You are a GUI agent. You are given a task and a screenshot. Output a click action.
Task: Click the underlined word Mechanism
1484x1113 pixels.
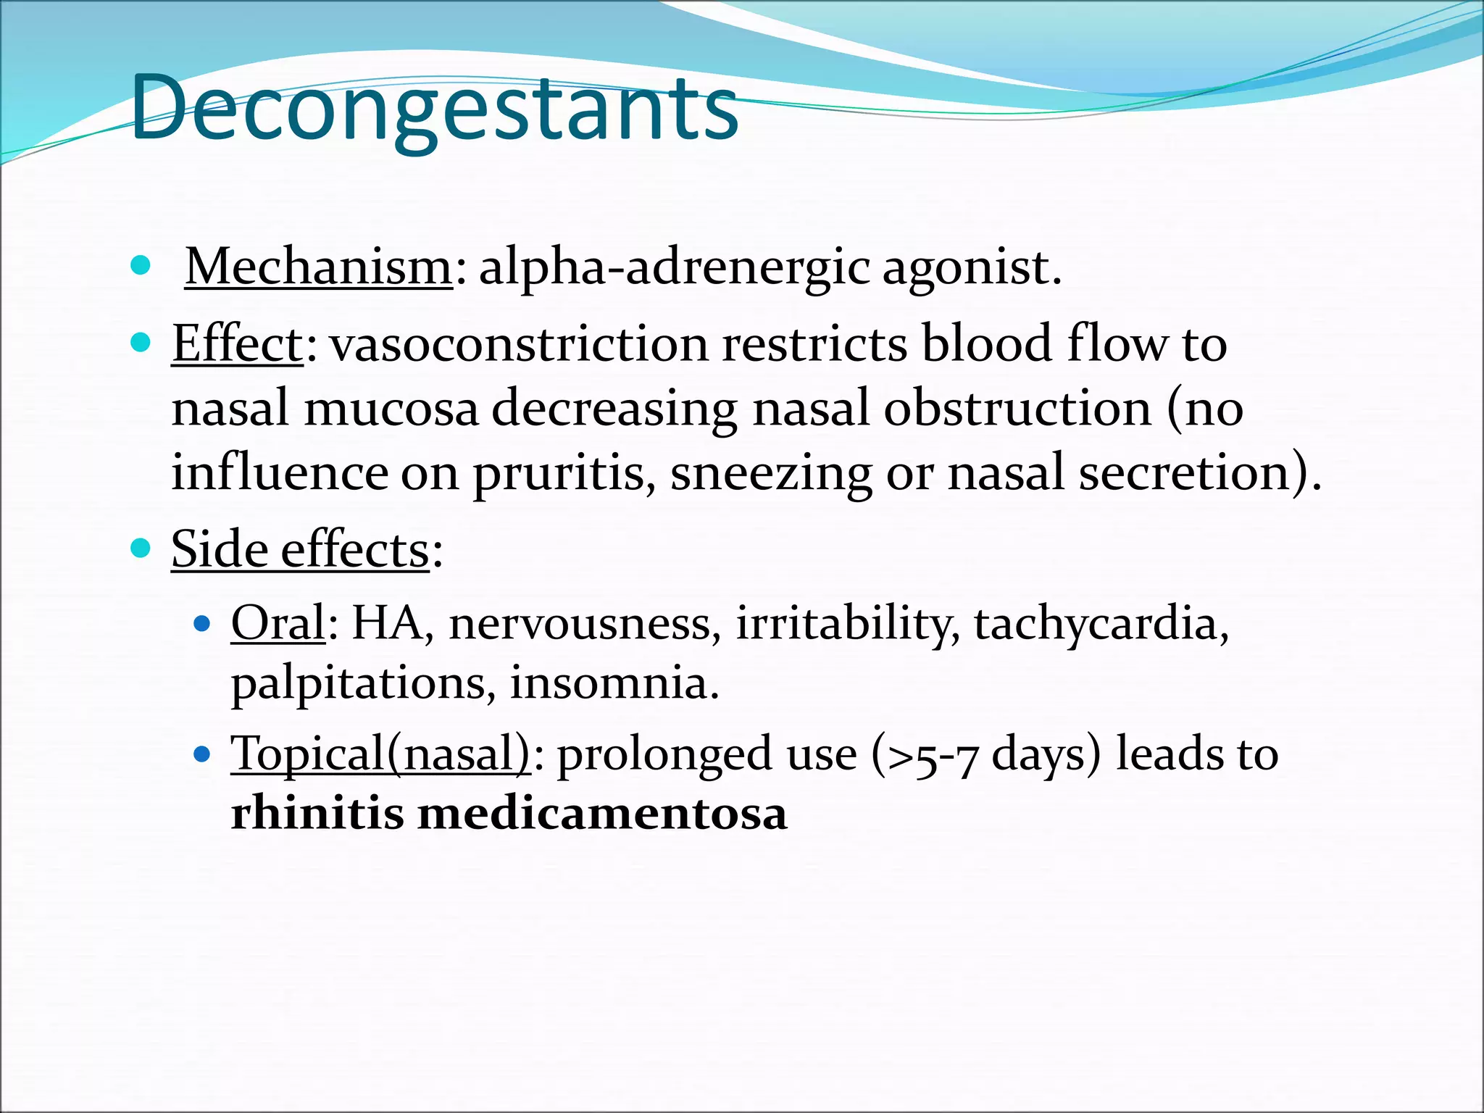(319, 267)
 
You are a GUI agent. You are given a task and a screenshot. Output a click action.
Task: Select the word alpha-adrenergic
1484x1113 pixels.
(674, 267)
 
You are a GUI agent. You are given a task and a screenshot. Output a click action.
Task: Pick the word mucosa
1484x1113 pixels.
(391, 407)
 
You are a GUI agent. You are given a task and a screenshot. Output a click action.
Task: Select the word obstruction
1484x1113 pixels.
(1017, 407)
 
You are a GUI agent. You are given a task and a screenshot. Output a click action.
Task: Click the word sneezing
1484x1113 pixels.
(771, 472)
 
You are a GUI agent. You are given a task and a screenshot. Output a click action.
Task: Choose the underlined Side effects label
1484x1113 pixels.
(301, 549)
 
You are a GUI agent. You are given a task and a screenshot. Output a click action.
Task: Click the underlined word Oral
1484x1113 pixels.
(278, 622)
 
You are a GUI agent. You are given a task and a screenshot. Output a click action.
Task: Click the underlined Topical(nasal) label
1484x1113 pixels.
(381, 754)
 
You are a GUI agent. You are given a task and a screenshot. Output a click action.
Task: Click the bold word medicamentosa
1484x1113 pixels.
(602, 813)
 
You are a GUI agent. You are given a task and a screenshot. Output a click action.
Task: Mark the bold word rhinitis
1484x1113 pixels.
(317, 813)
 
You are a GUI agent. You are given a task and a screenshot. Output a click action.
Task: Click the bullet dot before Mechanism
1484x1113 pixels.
(141, 266)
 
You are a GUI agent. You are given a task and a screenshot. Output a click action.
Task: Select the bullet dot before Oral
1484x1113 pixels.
(202, 622)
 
